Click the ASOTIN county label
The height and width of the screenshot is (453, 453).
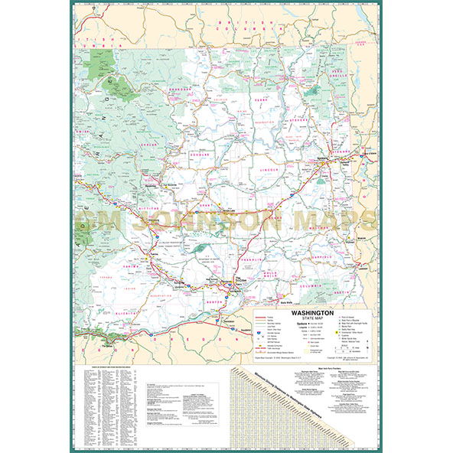pos(349,293)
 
